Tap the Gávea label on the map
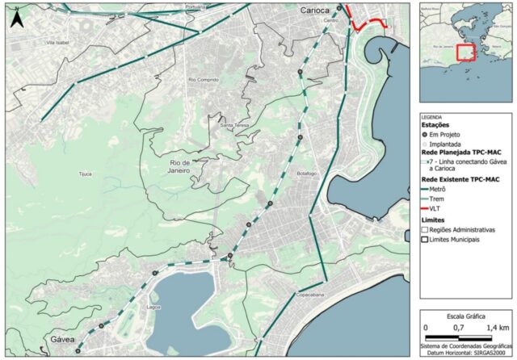pyautogui.click(x=63, y=340)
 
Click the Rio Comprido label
pyautogui.click(x=204, y=80)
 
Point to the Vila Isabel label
pyautogui.click(x=60, y=42)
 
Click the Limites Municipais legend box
pyautogui.click(x=427, y=240)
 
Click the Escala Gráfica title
pyautogui.click(x=465, y=317)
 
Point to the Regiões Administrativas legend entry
pyautogui.click(x=427, y=230)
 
